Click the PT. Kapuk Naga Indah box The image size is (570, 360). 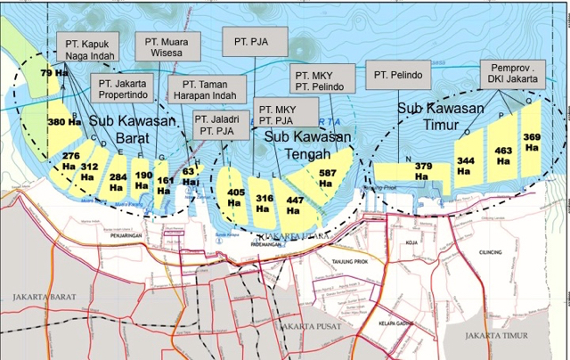coord(87,49)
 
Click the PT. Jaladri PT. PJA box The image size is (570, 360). coord(220,124)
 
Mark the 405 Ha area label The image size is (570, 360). coord(236,197)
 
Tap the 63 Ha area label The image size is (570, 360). coord(189,175)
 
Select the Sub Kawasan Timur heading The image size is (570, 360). coord(441,116)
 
